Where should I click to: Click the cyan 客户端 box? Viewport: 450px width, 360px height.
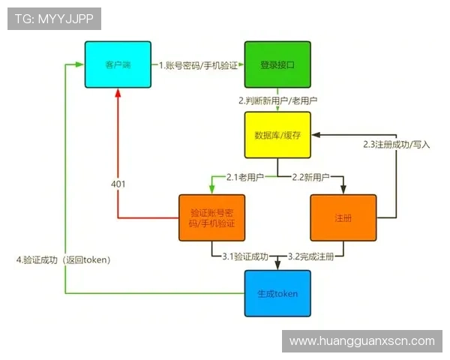click(x=118, y=65)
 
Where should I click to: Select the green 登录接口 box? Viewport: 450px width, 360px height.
click(x=277, y=65)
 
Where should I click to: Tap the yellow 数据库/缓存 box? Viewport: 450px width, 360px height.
click(x=277, y=135)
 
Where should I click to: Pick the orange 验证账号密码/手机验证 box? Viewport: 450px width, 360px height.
click(x=212, y=218)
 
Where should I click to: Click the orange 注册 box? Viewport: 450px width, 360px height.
click(x=343, y=218)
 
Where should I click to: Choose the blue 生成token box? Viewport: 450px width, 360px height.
click(x=277, y=293)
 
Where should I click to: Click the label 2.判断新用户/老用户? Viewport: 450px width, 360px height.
click(x=278, y=100)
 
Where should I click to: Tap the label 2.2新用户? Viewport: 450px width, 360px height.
click(x=310, y=177)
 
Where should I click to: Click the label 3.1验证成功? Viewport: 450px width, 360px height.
click(x=245, y=256)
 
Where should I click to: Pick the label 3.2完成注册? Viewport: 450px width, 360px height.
click(x=310, y=256)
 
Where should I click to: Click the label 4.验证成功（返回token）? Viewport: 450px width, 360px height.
click(x=64, y=260)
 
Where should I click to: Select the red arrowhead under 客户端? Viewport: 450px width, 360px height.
click(x=118, y=93)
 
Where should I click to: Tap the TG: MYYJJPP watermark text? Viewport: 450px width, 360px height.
click(x=54, y=18)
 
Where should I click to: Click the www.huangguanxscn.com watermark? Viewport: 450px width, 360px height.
click(x=361, y=341)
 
